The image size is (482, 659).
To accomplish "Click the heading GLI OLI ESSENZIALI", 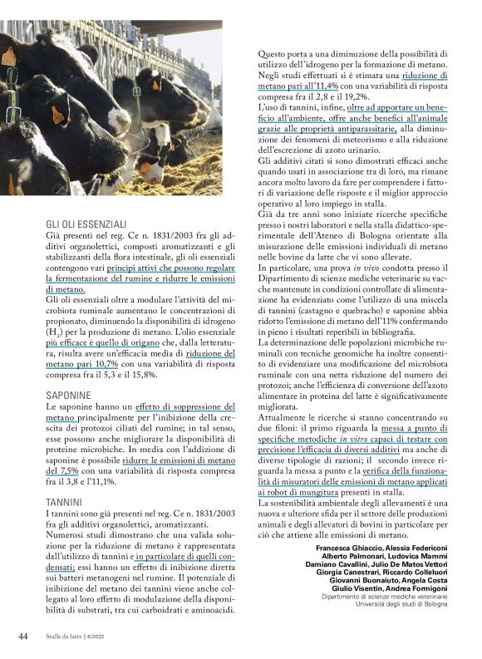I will pyautogui.click(x=86, y=224).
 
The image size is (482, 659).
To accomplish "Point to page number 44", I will pyautogui.click(x=23, y=637).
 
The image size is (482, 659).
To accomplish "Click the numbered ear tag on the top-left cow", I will pyautogui.click(x=9, y=57).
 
